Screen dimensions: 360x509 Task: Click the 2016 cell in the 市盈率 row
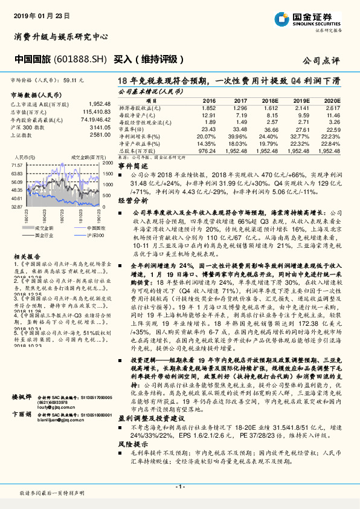[x=208, y=129]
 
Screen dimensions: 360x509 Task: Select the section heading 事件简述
[x=133, y=165]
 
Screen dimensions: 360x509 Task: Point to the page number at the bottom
[x=179, y=487]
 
